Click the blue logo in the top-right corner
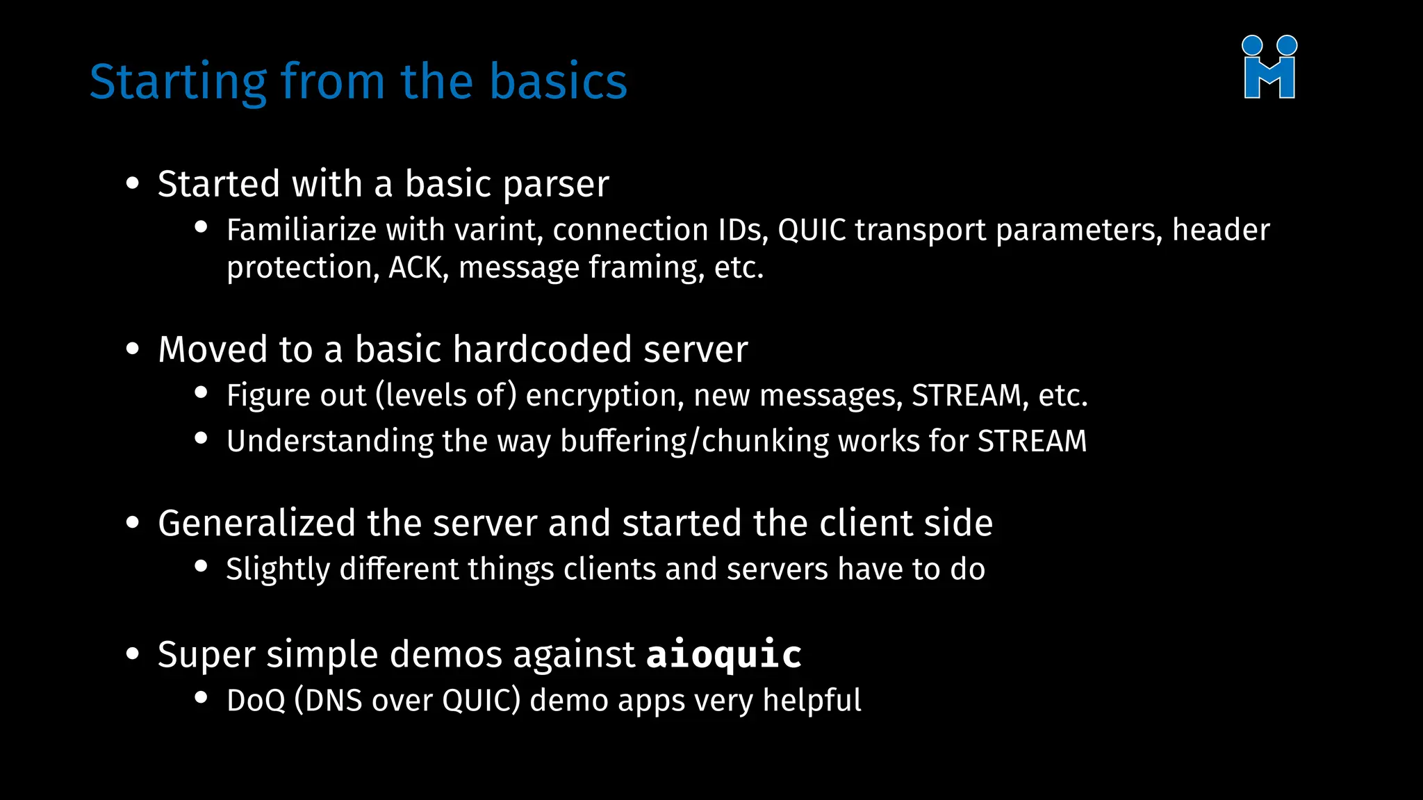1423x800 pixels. (1269, 67)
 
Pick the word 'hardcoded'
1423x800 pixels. (542, 349)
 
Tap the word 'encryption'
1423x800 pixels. (604, 396)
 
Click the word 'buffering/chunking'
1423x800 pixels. (694, 442)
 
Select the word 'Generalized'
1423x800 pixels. (256, 523)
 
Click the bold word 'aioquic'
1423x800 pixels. (724, 655)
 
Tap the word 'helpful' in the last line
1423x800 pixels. (812, 700)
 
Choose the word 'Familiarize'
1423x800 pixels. (301, 230)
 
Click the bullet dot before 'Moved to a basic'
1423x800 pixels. (133, 349)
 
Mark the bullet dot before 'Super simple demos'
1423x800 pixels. (133, 653)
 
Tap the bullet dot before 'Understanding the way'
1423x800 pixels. (201, 438)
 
